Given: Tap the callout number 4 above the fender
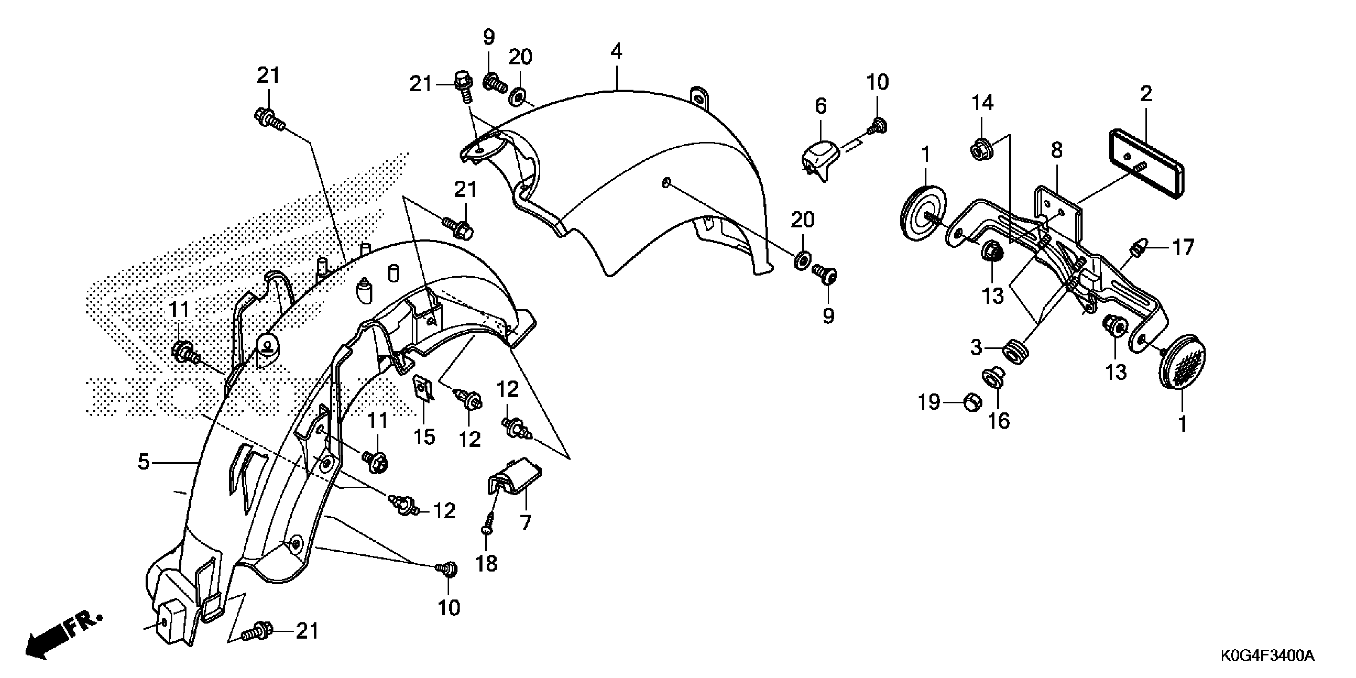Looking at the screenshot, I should tap(617, 51).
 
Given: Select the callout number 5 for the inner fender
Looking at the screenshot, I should tap(144, 462).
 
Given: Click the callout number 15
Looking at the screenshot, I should tap(424, 436).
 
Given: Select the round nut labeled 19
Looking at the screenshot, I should tap(973, 403).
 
